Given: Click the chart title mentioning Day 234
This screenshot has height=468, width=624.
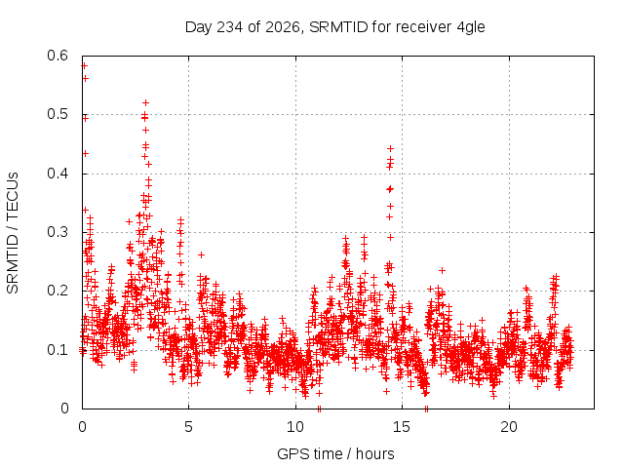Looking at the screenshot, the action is (x=335, y=27).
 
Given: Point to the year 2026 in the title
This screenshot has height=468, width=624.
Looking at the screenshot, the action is (x=283, y=27).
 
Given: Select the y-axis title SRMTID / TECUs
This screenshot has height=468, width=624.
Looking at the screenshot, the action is (x=13, y=233).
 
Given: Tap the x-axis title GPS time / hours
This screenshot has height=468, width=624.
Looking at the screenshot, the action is (x=335, y=453).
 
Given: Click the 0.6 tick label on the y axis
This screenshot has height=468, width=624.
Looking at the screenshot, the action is (x=58, y=56).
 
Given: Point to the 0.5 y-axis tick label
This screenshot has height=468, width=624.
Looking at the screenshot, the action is (x=58, y=115).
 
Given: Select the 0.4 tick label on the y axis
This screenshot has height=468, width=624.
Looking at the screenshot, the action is (x=58, y=174).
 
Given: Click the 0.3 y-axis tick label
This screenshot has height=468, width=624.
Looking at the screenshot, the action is (x=58, y=232).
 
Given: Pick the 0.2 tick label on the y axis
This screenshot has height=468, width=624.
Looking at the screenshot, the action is (x=58, y=291).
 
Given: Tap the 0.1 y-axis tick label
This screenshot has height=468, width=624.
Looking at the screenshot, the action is (x=58, y=350).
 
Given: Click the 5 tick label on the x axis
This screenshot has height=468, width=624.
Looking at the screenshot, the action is (x=188, y=427).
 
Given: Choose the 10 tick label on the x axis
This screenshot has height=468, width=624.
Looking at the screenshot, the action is (x=295, y=427).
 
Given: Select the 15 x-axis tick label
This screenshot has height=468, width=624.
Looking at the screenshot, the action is (x=402, y=427).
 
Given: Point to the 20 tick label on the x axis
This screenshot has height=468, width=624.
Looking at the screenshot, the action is (x=509, y=427).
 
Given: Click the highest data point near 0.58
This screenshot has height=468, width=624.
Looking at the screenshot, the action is (x=85, y=65).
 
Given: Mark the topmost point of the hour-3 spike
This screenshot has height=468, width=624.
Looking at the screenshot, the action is (x=145, y=102).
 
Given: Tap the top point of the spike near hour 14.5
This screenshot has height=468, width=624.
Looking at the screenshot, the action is (x=390, y=148).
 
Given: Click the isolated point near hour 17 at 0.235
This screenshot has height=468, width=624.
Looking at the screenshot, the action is (x=442, y=271).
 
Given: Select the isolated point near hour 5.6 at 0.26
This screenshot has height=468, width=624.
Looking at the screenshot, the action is (x=202, y=254).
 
